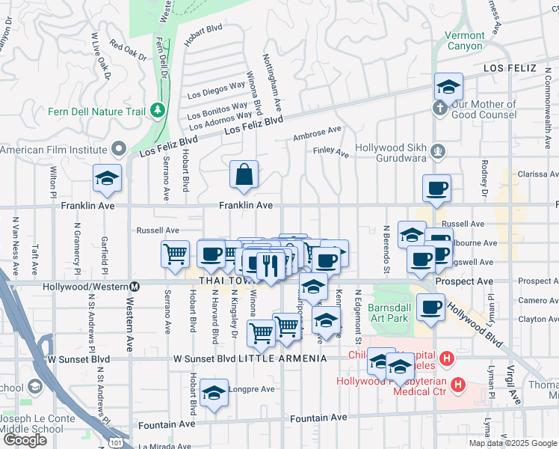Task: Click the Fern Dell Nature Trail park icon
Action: [x=157, y=112]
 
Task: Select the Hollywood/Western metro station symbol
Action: [x=135, y=286]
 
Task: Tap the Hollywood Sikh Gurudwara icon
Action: [x=439, y=152]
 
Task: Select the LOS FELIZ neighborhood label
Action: [x=510, y=68]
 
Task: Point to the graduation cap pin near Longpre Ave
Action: [x=214, y=393]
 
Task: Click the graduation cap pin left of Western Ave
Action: [x=107, y=179]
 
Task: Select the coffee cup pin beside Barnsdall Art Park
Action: [x=430, y=308]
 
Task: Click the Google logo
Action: [x=25, y=440]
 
